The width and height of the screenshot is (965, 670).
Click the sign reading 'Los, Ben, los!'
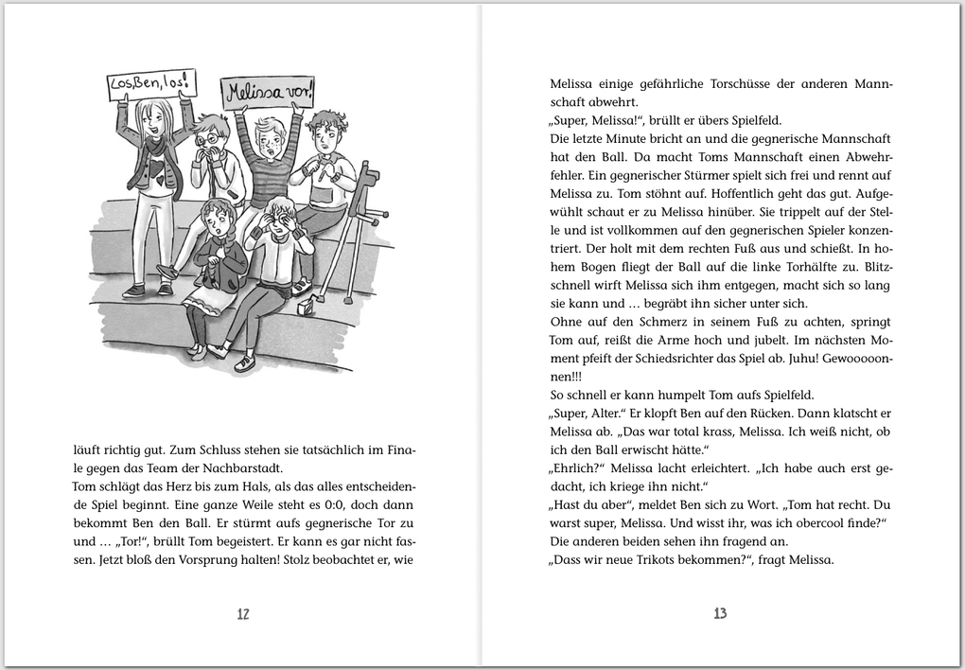151,84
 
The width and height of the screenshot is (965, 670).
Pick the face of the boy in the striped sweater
272,140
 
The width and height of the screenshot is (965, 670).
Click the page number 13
720,613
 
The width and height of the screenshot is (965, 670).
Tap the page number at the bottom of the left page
242,613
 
